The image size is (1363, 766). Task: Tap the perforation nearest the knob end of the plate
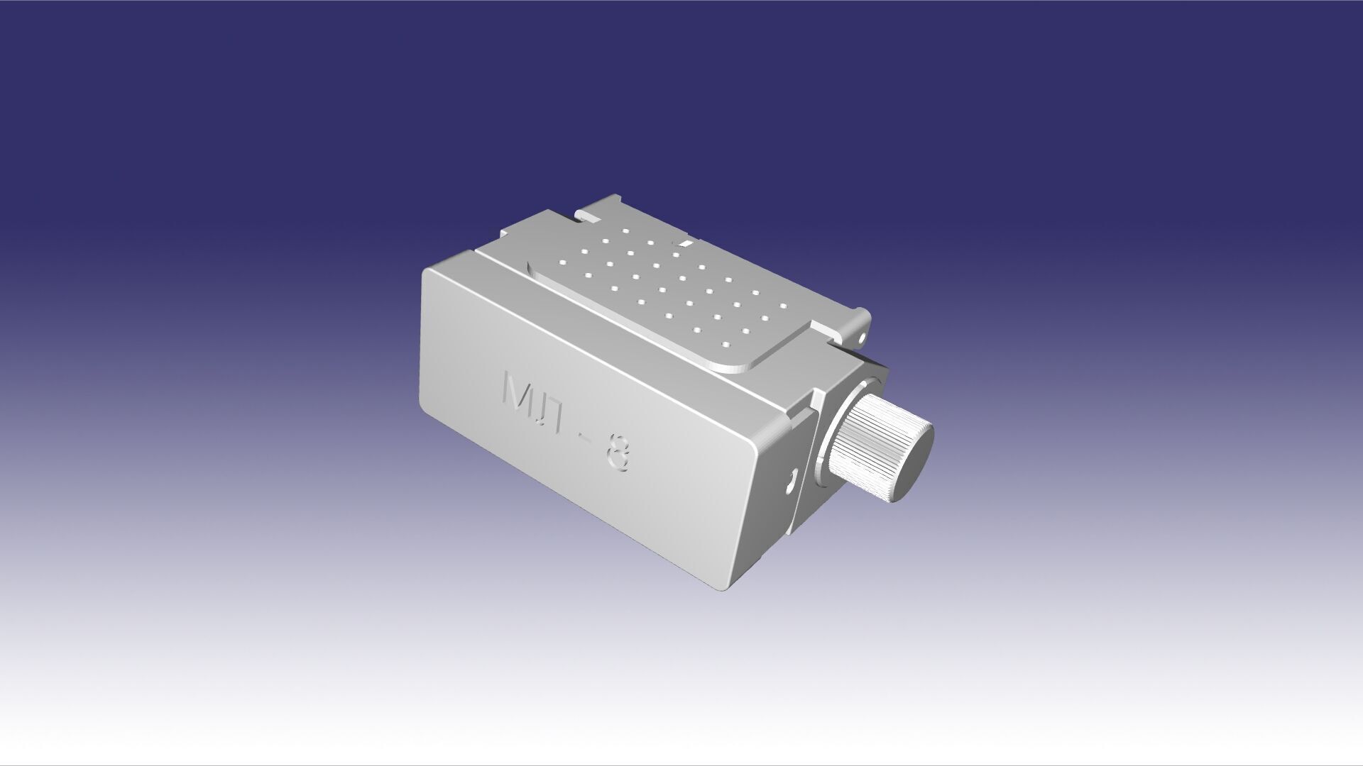click(x=726, y=345)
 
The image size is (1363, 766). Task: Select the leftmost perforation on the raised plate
click(x=561, y=263)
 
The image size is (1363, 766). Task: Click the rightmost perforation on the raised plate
click(x=783, y=306)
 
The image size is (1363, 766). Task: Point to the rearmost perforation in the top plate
click(x=626, y=231)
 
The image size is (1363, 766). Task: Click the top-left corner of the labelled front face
click(x=426, y=271)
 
